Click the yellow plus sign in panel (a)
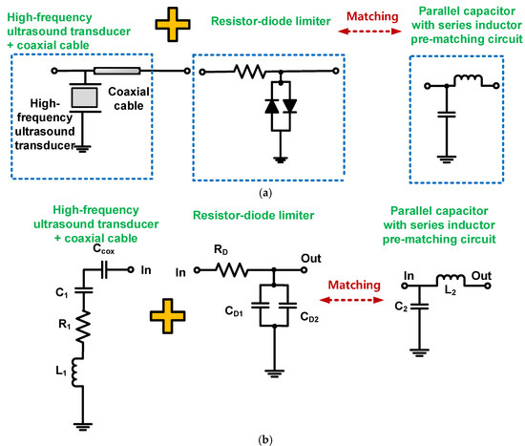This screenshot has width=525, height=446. click(173, 25)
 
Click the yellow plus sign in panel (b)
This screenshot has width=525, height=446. click(168, 316)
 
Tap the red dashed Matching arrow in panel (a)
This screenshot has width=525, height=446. click(369, 32)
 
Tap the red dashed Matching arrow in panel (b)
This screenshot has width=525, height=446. click(351, 300)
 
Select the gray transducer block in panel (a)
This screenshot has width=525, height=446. click(85, 97)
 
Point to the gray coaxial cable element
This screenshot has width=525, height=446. click(116, 71)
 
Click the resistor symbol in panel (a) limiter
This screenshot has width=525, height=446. click(249, 72)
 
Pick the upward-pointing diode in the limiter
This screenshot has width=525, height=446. click(271, 106)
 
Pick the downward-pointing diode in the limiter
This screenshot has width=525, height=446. click(289, 106)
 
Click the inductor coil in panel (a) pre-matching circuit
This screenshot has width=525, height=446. click(468, 79)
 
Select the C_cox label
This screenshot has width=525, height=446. click(103, 249)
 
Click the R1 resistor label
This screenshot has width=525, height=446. click(65, 324)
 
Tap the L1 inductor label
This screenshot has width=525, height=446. click(61, 371)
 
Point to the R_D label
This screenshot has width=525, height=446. click(221, 249)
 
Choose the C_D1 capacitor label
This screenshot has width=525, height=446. click(234, 311)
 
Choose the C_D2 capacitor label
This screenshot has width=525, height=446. click(309, 317)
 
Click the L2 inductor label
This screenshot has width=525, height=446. click(451, 290)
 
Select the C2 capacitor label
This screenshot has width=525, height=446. click(401, 307)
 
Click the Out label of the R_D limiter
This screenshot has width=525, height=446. click(311, 259)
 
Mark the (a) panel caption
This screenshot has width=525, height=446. click(265, 193)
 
